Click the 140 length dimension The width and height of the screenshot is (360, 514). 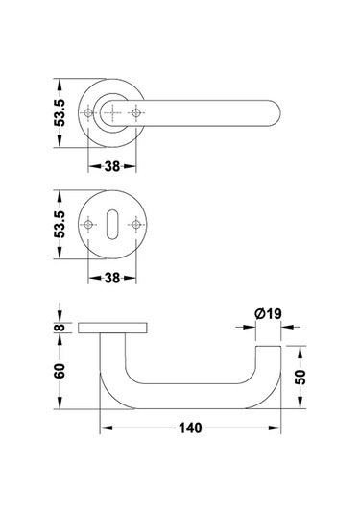tap(190, 428)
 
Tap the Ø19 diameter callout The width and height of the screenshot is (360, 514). tap(268, 314)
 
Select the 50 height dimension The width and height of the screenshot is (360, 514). tap(300, 377)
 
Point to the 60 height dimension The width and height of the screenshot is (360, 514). tap(60, 371)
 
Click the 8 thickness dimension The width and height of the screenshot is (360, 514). tap(60, 328)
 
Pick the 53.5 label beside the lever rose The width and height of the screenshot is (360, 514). tap(60, 112)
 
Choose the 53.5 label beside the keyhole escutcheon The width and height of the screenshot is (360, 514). tap(60, 224)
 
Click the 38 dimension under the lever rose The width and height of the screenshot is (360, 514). tap(112, 166)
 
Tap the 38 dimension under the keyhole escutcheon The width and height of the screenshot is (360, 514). tap(112, 278)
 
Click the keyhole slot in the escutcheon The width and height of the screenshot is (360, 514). tap(112, 224)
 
